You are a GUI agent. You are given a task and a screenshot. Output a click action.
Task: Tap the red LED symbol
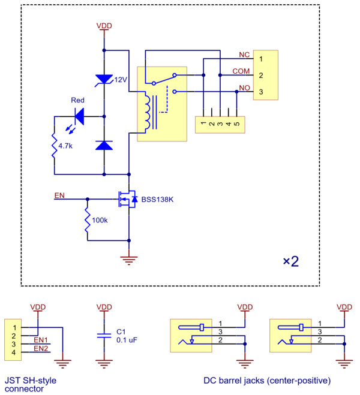pos(77,116)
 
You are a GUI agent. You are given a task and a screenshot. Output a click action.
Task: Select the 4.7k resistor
pos(54,146)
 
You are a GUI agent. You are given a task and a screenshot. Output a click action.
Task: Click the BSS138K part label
pos(158,199)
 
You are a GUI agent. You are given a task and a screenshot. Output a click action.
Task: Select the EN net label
pos(59,195)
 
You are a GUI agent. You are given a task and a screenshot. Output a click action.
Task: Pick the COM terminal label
pos(241,71)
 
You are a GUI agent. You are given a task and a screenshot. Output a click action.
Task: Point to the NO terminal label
pos(244,88)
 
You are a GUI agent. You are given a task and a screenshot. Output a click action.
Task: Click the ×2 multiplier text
pos(290,261)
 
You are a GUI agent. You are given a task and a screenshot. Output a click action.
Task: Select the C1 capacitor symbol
pos(104,335)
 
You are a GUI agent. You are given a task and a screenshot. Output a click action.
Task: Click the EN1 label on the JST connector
pos(41,340)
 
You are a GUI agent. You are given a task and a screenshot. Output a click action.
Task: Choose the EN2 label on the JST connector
pos(41,348)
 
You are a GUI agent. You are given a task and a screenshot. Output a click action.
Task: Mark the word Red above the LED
pos(77,100)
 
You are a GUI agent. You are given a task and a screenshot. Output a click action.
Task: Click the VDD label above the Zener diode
pos(104,26)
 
